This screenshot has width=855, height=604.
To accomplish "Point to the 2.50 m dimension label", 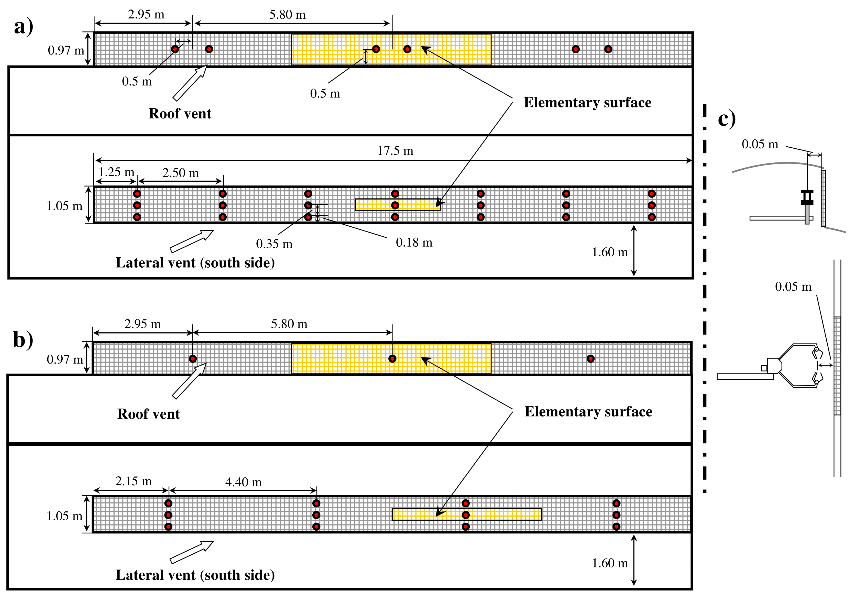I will [181, 173].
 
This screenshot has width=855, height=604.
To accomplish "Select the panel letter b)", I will [23, 340].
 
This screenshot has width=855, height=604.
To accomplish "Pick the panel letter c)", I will [727, 119].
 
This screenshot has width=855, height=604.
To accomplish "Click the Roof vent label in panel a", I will [180, 114].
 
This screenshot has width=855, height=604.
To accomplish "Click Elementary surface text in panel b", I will [588, 412].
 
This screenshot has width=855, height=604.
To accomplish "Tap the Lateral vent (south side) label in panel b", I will [195, 575].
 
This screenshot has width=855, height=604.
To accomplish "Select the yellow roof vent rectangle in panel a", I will [391, 50].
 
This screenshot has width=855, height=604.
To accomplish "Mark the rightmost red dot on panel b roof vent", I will [591, 359].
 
